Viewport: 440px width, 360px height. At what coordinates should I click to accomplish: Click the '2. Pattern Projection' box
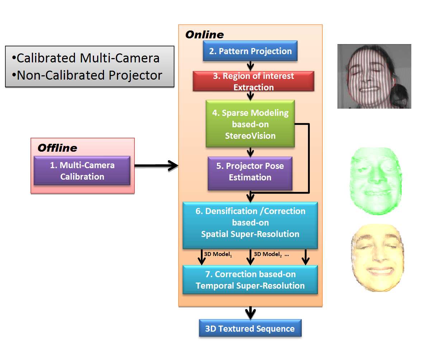(250, 51)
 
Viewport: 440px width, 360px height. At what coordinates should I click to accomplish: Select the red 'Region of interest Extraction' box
(253, 81)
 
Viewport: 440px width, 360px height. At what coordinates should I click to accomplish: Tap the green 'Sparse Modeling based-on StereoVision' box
(250, 124)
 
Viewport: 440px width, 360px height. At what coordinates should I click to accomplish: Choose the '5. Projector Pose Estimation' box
(250, 172)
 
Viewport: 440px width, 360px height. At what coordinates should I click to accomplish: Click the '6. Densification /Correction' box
(250, 223)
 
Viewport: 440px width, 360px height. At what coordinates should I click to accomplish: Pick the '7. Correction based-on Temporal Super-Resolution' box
(250, 280)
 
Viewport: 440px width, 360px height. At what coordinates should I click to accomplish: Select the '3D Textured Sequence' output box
(250, 328)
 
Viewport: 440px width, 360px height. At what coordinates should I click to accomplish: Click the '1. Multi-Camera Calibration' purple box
(82, 171)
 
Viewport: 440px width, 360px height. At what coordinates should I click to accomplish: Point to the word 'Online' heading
(204, 35)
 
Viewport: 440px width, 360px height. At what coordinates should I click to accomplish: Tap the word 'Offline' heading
(57, 148)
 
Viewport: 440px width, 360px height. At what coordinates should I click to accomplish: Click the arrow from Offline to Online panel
(156, 166)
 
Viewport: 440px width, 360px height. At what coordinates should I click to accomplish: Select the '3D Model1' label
(218, 254)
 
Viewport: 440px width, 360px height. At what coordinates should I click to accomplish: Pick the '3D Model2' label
(268, 254)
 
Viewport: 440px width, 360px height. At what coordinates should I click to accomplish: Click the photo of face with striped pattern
(374, 76)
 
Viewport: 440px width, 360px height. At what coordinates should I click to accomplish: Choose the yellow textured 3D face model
(378, 258)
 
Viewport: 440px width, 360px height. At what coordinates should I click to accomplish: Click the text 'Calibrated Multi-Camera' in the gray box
(88, 58)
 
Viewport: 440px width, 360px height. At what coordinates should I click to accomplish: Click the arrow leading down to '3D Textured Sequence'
(250, 313)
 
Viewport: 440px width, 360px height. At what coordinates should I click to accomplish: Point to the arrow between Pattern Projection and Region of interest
(250, 66)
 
